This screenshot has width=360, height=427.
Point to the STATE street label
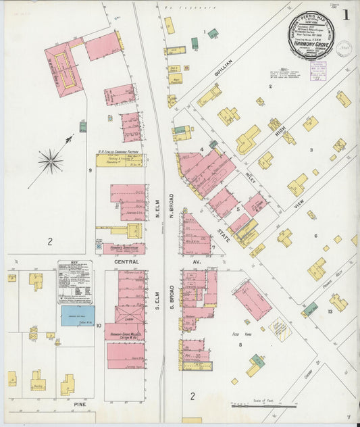(224, 233)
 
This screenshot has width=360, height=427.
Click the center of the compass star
(50, 161)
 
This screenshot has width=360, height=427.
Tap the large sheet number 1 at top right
(345, 14)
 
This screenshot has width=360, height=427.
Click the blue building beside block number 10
(78, 316)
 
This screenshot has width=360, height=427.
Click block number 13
(330, 311)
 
